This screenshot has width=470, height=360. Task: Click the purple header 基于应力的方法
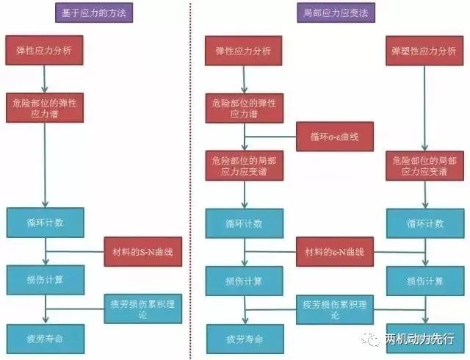click(x=94, y=12)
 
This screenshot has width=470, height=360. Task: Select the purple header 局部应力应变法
click(x=336, y=12)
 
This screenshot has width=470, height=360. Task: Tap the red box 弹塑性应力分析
click(x=424, y=51)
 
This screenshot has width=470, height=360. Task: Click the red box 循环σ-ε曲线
click(x=335, y=137)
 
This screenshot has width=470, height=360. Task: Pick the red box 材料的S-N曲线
click(x=143, y=251)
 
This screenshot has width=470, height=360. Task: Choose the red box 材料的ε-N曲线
click(x=335, y=251)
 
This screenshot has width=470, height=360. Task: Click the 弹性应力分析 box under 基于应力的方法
click(x=44, y=50)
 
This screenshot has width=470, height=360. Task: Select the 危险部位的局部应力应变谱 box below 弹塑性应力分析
click(x=424, y=166)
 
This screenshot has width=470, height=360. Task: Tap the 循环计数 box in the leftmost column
click(x=46, y=223)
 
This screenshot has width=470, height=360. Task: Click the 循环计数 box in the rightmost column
click(x=425, y=223)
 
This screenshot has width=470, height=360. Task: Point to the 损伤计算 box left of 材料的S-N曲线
click(x=46, y=280)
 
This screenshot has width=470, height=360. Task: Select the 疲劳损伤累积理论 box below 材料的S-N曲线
click(x=143, y=309)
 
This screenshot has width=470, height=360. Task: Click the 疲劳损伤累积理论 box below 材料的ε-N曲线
click(x=335, y=309)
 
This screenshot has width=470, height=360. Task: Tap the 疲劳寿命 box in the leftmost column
click(x=46, y=339)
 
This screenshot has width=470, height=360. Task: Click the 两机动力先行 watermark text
click(x=419, y=339)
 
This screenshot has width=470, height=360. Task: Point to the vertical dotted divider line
click(x=190, y=180)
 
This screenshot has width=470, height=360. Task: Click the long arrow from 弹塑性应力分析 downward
click(x=424, y=108)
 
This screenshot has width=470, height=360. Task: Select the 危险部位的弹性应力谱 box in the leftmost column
click(x=45, y=108)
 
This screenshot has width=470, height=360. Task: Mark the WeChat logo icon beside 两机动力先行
click(x=370, y=339)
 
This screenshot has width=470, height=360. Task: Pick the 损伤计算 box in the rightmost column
click(x=425, y=281)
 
